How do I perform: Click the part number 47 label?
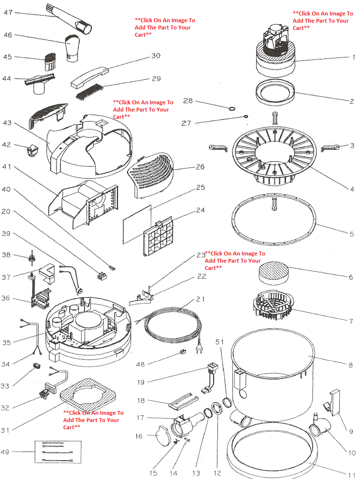[8, 13]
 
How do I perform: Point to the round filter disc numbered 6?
[274, 273]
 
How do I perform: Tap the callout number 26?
[200, 167]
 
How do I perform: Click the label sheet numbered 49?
[58, 452]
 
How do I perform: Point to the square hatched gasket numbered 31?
[88, 395]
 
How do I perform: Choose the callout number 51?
[219, 342]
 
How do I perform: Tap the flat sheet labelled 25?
[137, 225]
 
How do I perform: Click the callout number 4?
[352, 189]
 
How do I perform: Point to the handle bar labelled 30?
[90, 77]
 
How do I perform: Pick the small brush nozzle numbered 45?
[49, 62]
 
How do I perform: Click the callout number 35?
[6, 342]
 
